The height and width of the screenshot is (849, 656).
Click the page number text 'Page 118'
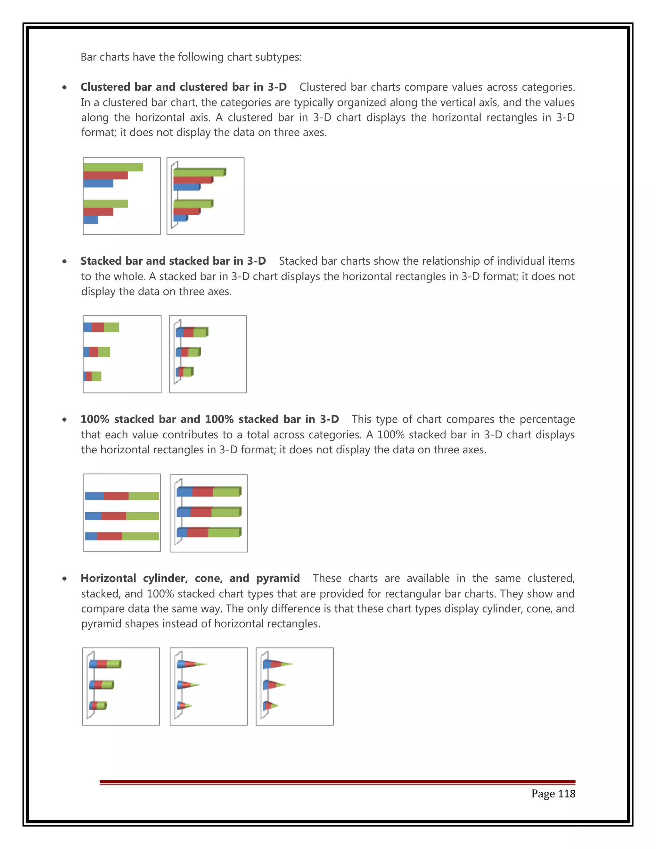pyautogui.click(x=553, y=793)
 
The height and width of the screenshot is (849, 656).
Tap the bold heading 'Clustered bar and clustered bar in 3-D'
pyautogui.click(x=184, y=87)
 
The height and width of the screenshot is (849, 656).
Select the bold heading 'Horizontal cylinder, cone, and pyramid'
pyautogui.click(x=190, y=578)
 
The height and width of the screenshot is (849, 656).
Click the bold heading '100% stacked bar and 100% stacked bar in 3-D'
pyautogui.click(x=209, y=419)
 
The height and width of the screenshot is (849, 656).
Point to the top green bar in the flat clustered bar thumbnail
pyautogui.click(x=113, y=167)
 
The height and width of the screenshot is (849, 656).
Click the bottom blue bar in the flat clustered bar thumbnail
pyautogui.click(x=91, y=220)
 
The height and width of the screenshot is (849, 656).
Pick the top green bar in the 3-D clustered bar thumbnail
pyautogui.click(x=199, y=173)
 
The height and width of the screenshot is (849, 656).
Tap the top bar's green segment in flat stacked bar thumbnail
pyautogui.click(x=111, y=327)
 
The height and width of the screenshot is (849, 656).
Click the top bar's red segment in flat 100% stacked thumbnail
pyautogui.click(x=116, y=496)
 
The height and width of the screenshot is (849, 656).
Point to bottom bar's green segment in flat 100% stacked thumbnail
pyautogui.click(x=140, y=536)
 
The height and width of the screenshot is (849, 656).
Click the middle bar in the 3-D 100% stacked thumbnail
pyautogui.click(x=209, y=512)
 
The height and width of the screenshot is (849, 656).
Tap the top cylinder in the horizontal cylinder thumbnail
pyautogui.click(x=105, y=664)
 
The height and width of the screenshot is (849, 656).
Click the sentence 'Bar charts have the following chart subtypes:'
pyautogui.click(x=191, y=57)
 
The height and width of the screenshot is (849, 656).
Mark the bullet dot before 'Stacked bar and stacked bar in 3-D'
pyautogui.click(x=64, y=261)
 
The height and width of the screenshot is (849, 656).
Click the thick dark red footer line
pyautogui.click(x=337, y=781)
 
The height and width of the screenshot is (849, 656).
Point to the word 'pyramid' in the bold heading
pyautogui.click(x=278, y=578)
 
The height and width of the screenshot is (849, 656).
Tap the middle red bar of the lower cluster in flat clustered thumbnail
pyautogui.click(x=98, y=211)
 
